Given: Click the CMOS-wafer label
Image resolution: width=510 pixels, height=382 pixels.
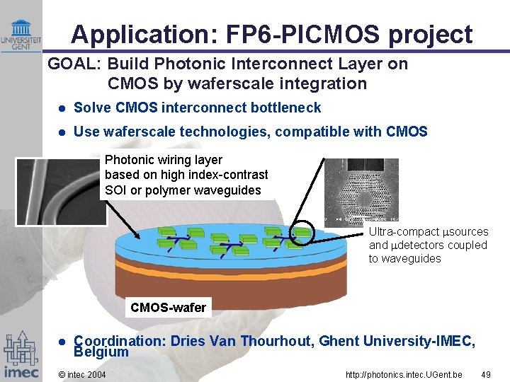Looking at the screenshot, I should click(168, 307).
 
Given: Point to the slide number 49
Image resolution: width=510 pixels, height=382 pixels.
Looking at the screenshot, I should click(485, 374).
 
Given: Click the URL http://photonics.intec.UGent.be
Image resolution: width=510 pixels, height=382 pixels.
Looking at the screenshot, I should click(404, 374).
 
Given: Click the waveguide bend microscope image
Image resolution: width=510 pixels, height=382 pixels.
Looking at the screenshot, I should click(61, 191).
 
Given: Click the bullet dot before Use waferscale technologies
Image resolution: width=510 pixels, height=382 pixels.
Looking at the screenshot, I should click(62, 132).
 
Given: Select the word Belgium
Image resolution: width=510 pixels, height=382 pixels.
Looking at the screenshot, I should click(101, 352).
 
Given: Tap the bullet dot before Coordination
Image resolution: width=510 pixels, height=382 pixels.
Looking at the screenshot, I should click(62, 342).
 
